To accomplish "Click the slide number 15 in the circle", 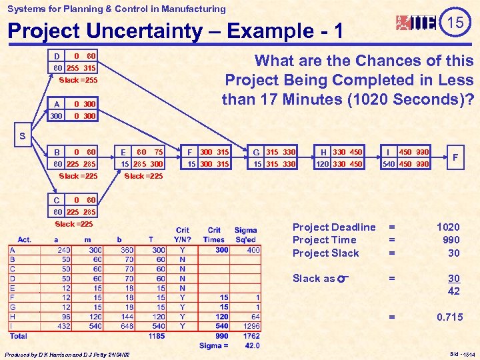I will [x=455, y=23].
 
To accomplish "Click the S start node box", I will [x=23, y=137].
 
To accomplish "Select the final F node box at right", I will [x=455, y=157].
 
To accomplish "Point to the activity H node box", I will [x=340, y=158].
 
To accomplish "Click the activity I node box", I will [x=405, y=158].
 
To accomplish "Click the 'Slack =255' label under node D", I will [x=77, y=81].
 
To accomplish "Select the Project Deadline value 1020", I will [x=448, y=227].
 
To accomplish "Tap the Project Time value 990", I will [x=450, y=240].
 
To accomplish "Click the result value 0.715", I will [x=449, y=317].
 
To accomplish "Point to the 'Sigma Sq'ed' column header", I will [x=246, y=235].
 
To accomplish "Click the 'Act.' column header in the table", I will [x=25, y=239].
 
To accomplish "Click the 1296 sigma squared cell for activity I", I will [x=252, y=327].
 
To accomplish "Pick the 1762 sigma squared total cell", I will [x=252, y=336].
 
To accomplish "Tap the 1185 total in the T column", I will [x=157, y=336].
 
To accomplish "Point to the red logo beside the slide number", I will [x=416, y=23].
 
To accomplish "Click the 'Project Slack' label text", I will [x=325, y=253].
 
